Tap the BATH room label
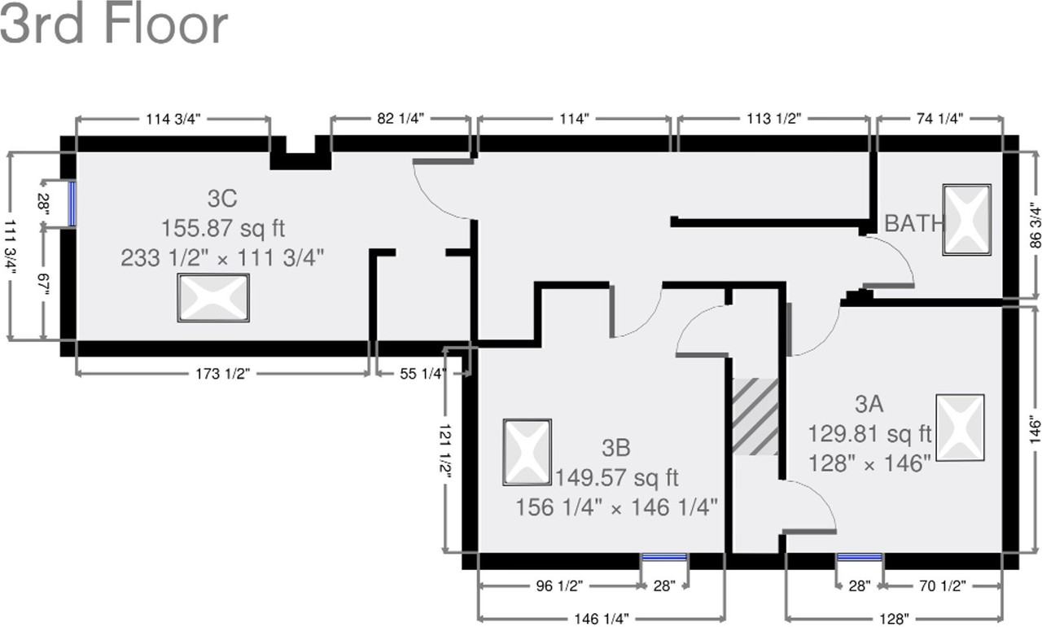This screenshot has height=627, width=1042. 914,223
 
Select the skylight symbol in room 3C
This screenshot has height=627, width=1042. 213,298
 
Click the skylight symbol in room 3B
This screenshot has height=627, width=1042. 528,453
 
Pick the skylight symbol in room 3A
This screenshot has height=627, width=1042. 960,427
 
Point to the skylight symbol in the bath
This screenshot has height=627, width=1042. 967,220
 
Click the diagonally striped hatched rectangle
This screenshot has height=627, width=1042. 755,416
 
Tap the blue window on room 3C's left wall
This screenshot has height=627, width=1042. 72,204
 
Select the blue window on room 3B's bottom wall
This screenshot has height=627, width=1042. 663,558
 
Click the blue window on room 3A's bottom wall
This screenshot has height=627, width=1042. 860,558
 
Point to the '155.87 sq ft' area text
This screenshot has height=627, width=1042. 223,228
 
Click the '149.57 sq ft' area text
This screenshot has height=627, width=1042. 616,477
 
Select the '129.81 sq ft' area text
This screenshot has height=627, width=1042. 869,433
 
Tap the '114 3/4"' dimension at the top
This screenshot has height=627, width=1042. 173,119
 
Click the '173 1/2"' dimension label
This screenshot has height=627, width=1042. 221,374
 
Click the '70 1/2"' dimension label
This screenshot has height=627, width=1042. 943,585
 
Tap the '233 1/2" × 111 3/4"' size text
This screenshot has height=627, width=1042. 223,258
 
